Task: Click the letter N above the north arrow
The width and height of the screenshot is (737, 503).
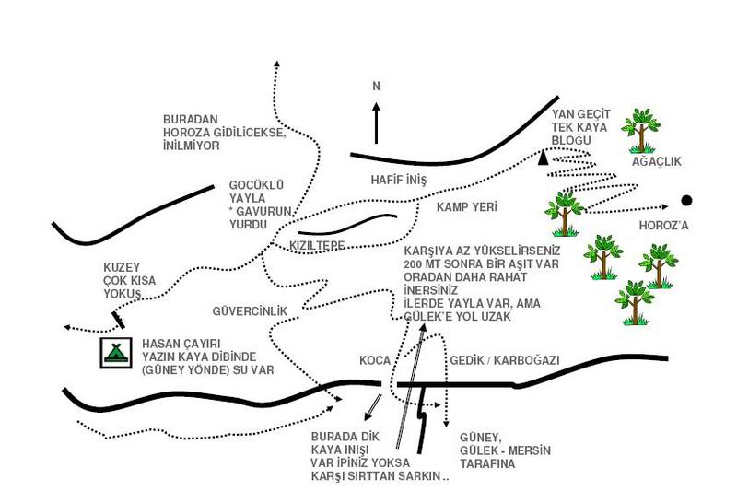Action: pyautogui.click(x=375, y=86)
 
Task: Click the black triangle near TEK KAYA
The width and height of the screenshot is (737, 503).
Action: pyautogui.click(x=544, y=158)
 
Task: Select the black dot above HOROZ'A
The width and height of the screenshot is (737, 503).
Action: pyautogui.click(x=686, y=200)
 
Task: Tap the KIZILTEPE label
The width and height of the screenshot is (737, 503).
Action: pyautogui.click(x=316, y=246)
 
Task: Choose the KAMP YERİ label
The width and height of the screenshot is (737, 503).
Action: pyautogui.click(x=466, y=208)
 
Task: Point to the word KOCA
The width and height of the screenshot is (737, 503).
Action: pyautogui.click(x=375, y=360)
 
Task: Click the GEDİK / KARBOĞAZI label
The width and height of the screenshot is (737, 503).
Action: pyautogui.click(x=504, y=360)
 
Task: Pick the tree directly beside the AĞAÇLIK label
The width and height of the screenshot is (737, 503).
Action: pyautogui.click(x=639, y=128)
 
